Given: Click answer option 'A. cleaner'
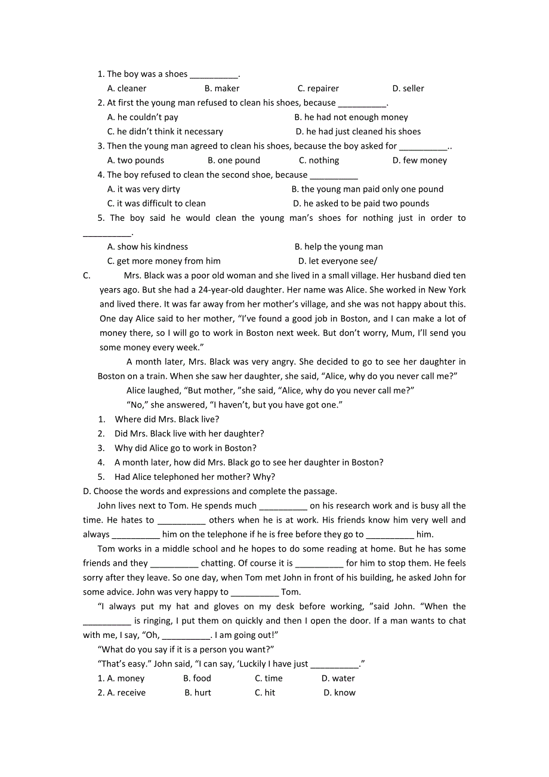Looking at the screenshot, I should (x=127, y=88).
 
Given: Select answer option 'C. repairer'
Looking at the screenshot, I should (x=318, y=88).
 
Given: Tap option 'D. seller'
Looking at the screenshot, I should (x=408, y=88).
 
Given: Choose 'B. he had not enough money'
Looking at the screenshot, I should (x=351, y=118).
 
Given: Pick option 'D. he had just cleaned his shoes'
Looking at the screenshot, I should (x=358, y=132).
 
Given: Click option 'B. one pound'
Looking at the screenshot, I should (x=234, y=161).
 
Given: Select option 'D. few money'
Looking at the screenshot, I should (x=420, y=161).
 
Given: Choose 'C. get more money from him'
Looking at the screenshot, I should (x=164, y=261).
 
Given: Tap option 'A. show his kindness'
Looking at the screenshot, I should (x=147, y=246).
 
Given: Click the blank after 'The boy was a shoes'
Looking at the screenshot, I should (x=214, y=75).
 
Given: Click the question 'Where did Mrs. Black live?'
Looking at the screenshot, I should (x=167, y=420).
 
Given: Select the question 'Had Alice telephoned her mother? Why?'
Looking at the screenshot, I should (x=195, y=477).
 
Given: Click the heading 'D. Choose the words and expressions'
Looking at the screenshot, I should (x=210, y=492).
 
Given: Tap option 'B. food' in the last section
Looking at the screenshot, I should (x=197, y=679).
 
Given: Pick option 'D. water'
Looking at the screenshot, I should (x=338, y=679).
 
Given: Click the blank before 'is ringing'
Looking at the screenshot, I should (x=107, y=622).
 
